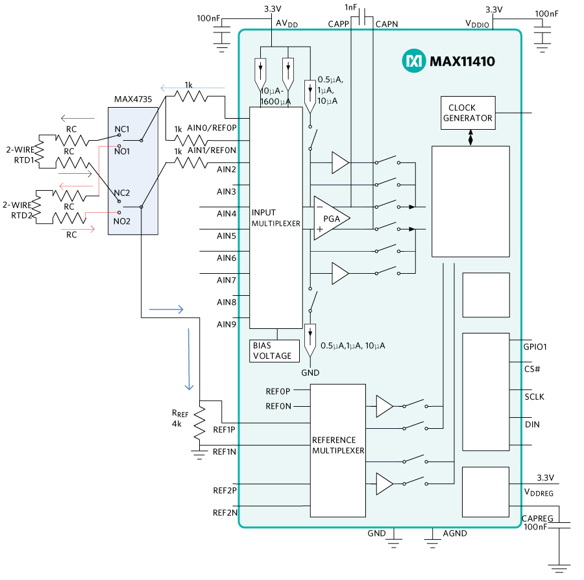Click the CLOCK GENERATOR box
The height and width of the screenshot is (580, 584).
click(467, 113)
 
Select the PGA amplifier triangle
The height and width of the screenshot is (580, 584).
click(330, 218)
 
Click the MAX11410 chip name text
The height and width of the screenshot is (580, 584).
click(461, 62)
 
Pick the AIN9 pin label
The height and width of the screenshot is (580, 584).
click(226, 324)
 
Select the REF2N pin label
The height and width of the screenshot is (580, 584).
click(225, 513)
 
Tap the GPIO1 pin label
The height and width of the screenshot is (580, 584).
click(535, 346)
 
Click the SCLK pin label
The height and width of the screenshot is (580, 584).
click(534, 396)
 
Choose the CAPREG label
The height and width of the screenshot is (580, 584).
click(537, 518)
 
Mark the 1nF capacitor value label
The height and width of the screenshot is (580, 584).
click(350, 8)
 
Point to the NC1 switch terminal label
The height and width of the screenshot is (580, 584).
click(123, 129)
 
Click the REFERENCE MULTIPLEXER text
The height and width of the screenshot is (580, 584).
click(338, 444)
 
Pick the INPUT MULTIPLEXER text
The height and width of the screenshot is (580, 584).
click(276, 217)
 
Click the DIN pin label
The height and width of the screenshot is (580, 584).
click(532, 424)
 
